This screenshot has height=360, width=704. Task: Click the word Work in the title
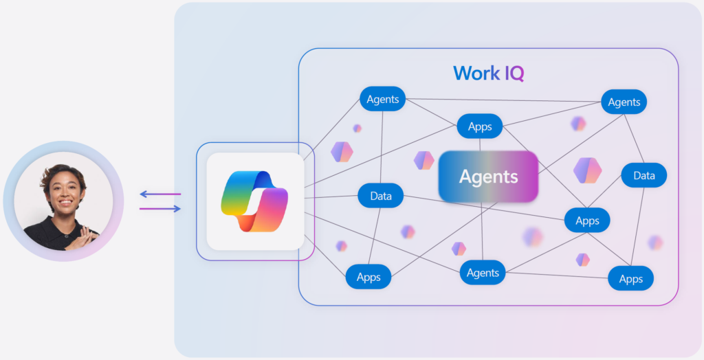(476, 74)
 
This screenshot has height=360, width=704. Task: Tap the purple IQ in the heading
(514, 74)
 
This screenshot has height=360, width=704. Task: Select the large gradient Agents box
(488, 177)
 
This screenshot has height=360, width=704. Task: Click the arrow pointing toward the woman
(160, 194)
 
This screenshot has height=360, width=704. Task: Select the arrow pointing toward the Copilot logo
(160, 208)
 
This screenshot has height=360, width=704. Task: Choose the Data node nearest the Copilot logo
(381, 196)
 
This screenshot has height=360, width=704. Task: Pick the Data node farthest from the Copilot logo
(643, 175)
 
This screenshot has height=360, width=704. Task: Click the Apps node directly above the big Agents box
(480, 126)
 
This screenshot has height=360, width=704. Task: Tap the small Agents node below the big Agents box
(483, 273)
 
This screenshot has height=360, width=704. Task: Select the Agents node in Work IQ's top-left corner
(383, 99)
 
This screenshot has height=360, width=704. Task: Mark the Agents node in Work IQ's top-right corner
(624, 102)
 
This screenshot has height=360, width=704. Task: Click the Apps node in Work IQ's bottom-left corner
(368, 278)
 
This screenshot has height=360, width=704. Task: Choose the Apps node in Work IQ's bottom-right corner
(630, 279)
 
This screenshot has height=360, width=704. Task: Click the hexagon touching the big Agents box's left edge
(423, 160)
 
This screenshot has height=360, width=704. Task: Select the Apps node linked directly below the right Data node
(587, 221)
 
